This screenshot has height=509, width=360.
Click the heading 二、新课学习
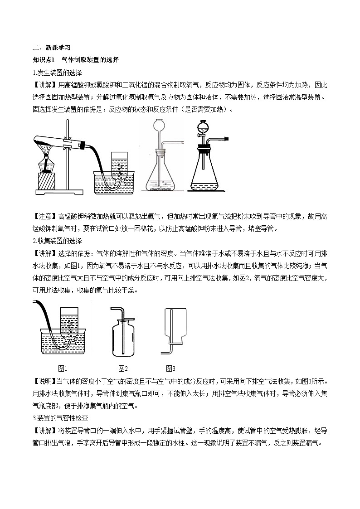[x=51, y=47]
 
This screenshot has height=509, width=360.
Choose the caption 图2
[x=123, y=368]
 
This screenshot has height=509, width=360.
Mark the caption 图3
[x=170, y=368]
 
